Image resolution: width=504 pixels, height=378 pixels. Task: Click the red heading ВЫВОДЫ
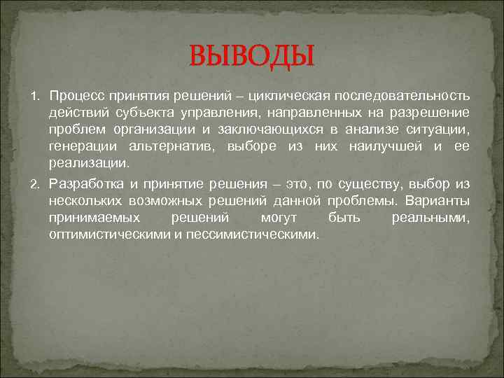pos(253,55)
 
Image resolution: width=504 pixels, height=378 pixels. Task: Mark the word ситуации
pos(440,129)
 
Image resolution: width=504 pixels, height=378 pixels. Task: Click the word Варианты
pos(440,202)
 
